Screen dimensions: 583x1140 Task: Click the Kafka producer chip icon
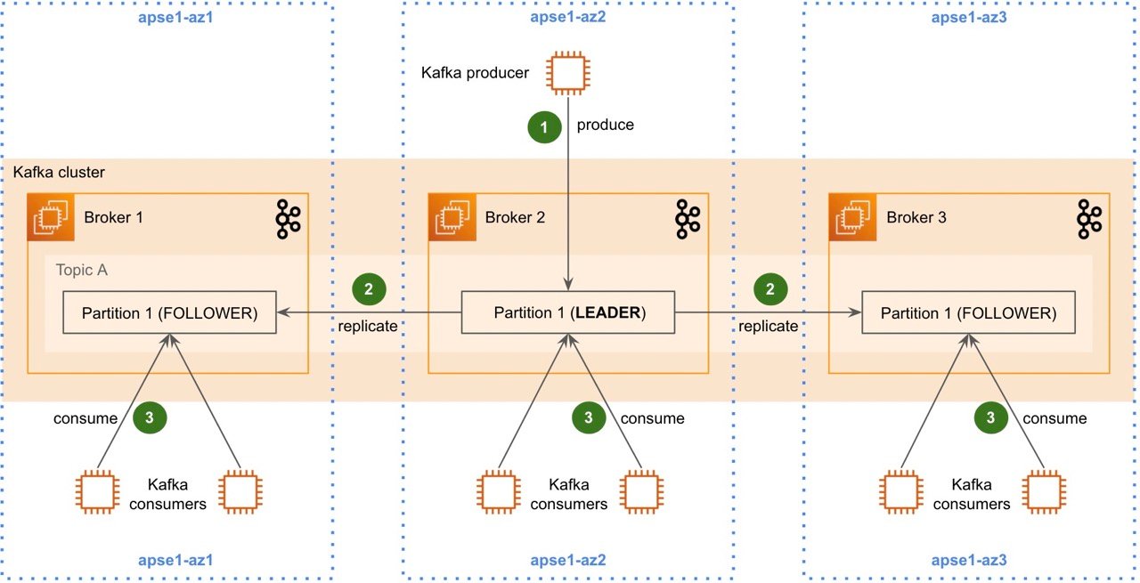[569, 72]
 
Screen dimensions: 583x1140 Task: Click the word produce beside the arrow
[606, 125]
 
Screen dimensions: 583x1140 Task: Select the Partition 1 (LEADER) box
[568, 313]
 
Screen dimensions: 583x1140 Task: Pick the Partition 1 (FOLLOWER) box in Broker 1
[169, 313]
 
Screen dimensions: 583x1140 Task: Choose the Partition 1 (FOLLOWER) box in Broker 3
[968, 313]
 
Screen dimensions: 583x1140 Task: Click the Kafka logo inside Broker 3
[1089, 218]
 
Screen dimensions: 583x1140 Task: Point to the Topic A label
[82, 270]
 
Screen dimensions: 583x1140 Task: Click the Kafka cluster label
[59, 171]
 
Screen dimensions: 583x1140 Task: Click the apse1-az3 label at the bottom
[969, 561]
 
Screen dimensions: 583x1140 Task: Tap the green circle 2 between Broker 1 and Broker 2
[369, 288]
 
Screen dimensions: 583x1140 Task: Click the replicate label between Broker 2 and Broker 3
[769, 326]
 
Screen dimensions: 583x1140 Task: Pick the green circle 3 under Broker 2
[588, 418]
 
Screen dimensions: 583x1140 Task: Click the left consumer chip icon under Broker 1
[97, 492]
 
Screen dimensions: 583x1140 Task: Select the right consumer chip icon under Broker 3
[1045, 492]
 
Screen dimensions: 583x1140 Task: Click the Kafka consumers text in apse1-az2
[568, 494]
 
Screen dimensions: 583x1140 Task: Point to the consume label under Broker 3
[1054, 418]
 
